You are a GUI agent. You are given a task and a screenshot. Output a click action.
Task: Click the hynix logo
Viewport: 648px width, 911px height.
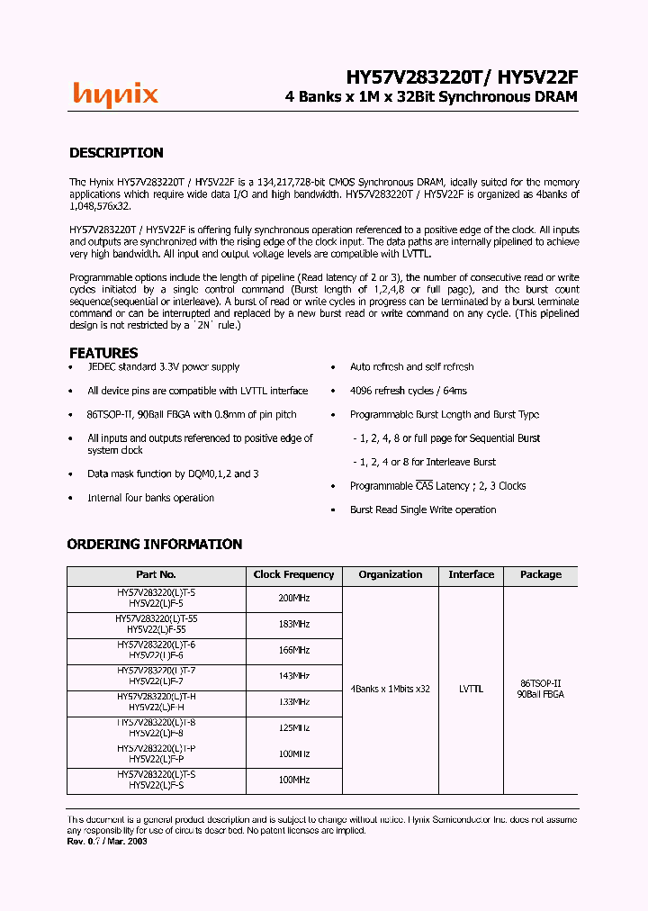pos(115,95)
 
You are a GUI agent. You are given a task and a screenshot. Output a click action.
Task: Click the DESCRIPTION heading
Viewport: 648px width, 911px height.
pos(116,153)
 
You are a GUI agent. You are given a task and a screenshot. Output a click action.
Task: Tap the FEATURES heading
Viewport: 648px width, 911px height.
pos(103,353)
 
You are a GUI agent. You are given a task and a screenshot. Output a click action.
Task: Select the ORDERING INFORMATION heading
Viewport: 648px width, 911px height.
pos(155,544)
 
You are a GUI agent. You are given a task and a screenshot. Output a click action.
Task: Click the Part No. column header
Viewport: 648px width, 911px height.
pos(156,574)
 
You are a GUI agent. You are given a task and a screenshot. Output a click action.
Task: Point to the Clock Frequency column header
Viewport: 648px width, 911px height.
pos(293,574)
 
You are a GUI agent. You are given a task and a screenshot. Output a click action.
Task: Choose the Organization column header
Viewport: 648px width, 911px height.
pos(390,574)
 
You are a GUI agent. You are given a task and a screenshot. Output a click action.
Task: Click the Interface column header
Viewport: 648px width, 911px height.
pos(471,574)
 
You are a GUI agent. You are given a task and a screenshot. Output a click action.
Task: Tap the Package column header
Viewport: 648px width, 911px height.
pos(540,574)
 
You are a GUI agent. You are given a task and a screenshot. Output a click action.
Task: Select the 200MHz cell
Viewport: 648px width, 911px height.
pos(293,598)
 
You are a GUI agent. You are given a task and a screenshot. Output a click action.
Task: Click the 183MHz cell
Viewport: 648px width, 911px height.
pos(293,624)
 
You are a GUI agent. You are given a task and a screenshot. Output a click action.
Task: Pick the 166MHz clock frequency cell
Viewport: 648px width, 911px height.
pos(293,650)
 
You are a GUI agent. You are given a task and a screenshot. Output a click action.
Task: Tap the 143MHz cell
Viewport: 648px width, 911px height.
pos(293,676)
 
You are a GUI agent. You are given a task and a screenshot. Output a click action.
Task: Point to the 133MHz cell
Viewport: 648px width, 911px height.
pos(293,702)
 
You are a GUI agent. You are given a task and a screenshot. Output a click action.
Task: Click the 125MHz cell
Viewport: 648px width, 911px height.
pos(293,728)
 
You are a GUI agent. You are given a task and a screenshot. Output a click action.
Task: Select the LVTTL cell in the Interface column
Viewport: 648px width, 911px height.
pos(471,689)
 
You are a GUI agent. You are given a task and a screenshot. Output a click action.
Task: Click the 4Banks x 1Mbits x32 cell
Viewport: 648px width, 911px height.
pos(390,689)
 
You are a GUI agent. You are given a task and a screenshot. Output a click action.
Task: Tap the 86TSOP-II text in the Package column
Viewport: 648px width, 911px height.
pos(540,682)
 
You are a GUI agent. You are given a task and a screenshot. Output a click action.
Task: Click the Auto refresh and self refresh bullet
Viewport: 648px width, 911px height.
pos(411,367)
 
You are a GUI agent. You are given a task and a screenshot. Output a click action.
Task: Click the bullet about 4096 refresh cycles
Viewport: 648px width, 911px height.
pos(408,391)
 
